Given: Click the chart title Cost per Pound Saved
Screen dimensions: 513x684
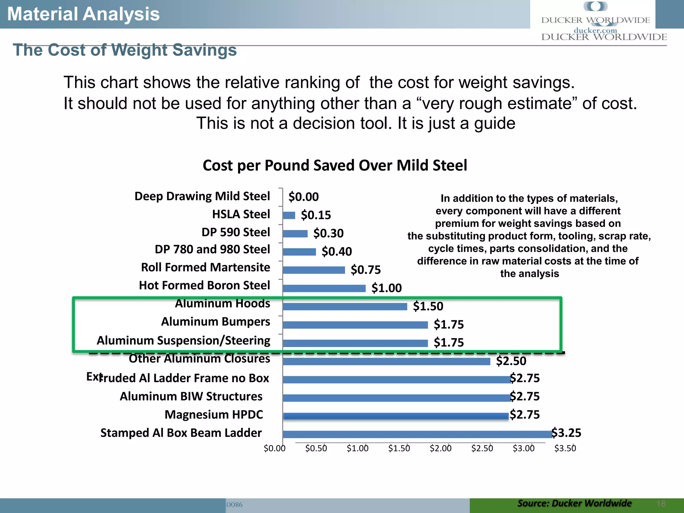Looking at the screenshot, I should click(x=335, y=166).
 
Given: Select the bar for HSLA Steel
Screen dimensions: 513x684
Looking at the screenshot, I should click(x=289, y=215).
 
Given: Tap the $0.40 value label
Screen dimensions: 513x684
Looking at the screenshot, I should click(x=337, y=251).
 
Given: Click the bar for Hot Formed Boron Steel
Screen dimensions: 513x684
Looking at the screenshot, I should click(x=324, y=288).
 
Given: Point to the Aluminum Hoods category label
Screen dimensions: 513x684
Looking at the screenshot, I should click(x=222, y=304).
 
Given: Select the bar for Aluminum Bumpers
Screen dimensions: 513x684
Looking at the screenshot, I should click(x=355, y=325).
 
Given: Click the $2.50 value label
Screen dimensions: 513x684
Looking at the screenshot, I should click(x=511, y=361).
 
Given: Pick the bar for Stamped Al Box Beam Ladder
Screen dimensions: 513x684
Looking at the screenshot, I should click(x=417, y=434).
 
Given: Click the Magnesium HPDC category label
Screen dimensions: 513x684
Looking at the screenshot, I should click(x=214, y=415).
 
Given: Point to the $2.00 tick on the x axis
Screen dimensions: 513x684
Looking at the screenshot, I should click(x=441, y=449).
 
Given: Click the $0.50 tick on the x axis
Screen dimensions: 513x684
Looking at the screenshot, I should click(x=316, y=449).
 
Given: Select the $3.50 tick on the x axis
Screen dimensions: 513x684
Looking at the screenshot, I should click(x=565, y=449).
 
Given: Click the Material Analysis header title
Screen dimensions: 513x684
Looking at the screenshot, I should click(x=83, y=14).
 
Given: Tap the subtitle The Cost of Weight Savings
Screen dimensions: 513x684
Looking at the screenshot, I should click(x=125, y=50).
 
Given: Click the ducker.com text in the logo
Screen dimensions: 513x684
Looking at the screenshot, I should click(x=595, y=30).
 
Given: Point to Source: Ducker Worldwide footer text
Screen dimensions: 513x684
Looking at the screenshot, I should click(x=574, y=503).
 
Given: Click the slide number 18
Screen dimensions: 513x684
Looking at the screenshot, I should click(x=661, y=504).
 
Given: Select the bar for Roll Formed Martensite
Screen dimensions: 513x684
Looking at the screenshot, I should click(x=314, y=270).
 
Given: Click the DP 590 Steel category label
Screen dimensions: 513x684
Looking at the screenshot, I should click(x=235, y=232).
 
